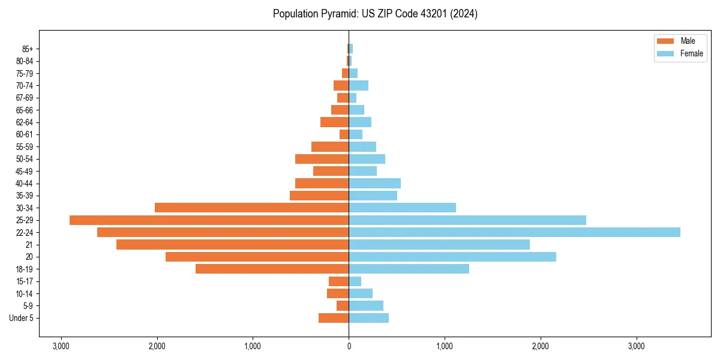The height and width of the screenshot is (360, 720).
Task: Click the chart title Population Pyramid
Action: [375, 14]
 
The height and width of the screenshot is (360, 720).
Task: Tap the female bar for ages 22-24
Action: [514, 232]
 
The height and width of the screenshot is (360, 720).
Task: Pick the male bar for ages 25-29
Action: [209, 220]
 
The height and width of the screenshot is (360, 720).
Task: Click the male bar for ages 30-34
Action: [251, 208]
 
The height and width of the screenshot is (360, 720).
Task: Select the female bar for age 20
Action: [452, 257]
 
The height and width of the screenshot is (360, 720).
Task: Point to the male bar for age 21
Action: [232, 245]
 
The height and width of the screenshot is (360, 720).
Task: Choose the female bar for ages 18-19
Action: [409, 269]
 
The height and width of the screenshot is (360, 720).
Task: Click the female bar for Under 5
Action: [368, 318]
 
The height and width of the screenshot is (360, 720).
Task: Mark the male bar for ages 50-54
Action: [322, 159]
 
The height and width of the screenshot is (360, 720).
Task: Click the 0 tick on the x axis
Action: [349, 346]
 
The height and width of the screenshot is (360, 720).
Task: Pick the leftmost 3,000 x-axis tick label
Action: [61, 346]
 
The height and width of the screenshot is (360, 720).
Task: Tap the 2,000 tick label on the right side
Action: [541, 346]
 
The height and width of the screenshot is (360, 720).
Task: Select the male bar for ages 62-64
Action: [334, 122]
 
